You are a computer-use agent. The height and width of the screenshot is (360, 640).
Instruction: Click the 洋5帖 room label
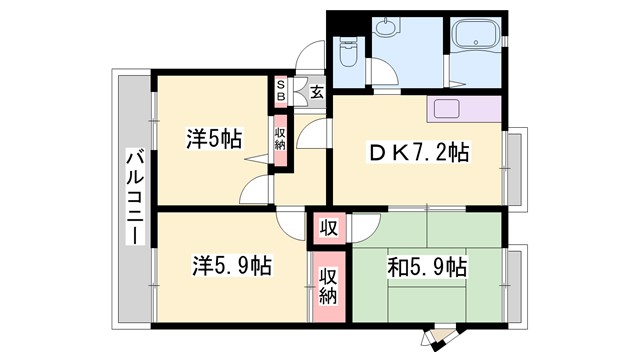212,140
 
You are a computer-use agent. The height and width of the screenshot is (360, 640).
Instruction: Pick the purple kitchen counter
463,109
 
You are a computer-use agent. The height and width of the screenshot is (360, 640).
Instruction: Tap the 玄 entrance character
316,93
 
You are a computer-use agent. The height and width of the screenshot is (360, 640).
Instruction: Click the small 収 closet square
328,228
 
